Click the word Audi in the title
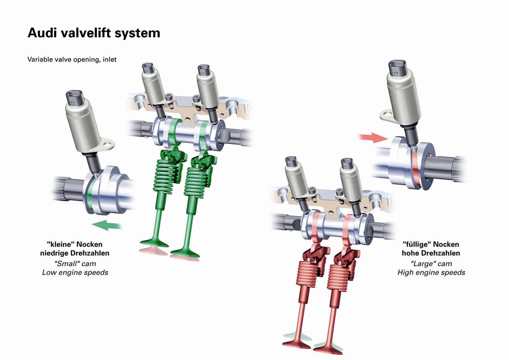(x=41, y=33)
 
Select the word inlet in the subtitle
(x=108, y=59)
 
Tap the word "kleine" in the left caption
(x=61, y=245)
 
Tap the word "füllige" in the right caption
(x=417, y=245)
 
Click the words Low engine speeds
(x=75, y=272)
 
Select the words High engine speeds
(x=431, y=272)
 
